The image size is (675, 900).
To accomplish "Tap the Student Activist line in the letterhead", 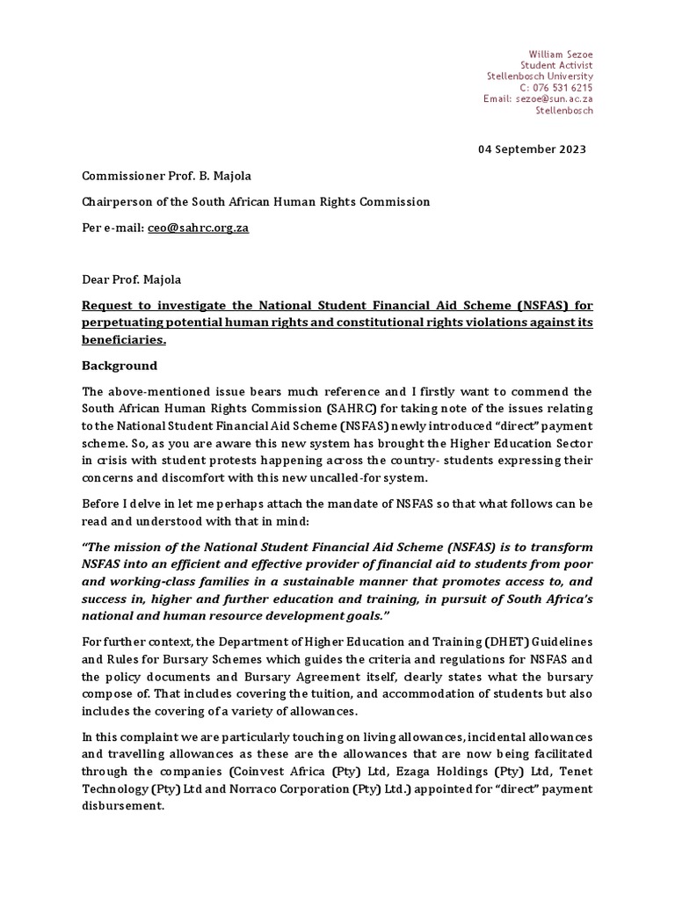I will pos(556,66).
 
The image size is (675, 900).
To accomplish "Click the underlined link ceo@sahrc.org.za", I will pos(198,228).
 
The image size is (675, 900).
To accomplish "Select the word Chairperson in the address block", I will pos(119,201).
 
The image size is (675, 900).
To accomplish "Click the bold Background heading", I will pos(120,366).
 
